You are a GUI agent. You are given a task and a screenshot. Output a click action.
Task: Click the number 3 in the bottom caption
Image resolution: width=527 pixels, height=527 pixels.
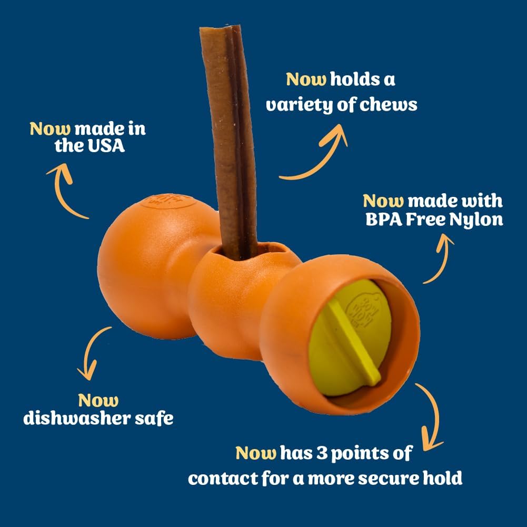(x=322, y=453)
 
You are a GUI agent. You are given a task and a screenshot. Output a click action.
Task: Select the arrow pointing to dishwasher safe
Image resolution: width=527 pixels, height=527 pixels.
(x=90, y=353)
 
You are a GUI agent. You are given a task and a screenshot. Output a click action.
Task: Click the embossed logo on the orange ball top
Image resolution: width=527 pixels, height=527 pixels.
(x=168, y=201)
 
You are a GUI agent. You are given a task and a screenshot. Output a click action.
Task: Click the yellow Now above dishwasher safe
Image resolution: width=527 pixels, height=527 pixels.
(x=98, y=401)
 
